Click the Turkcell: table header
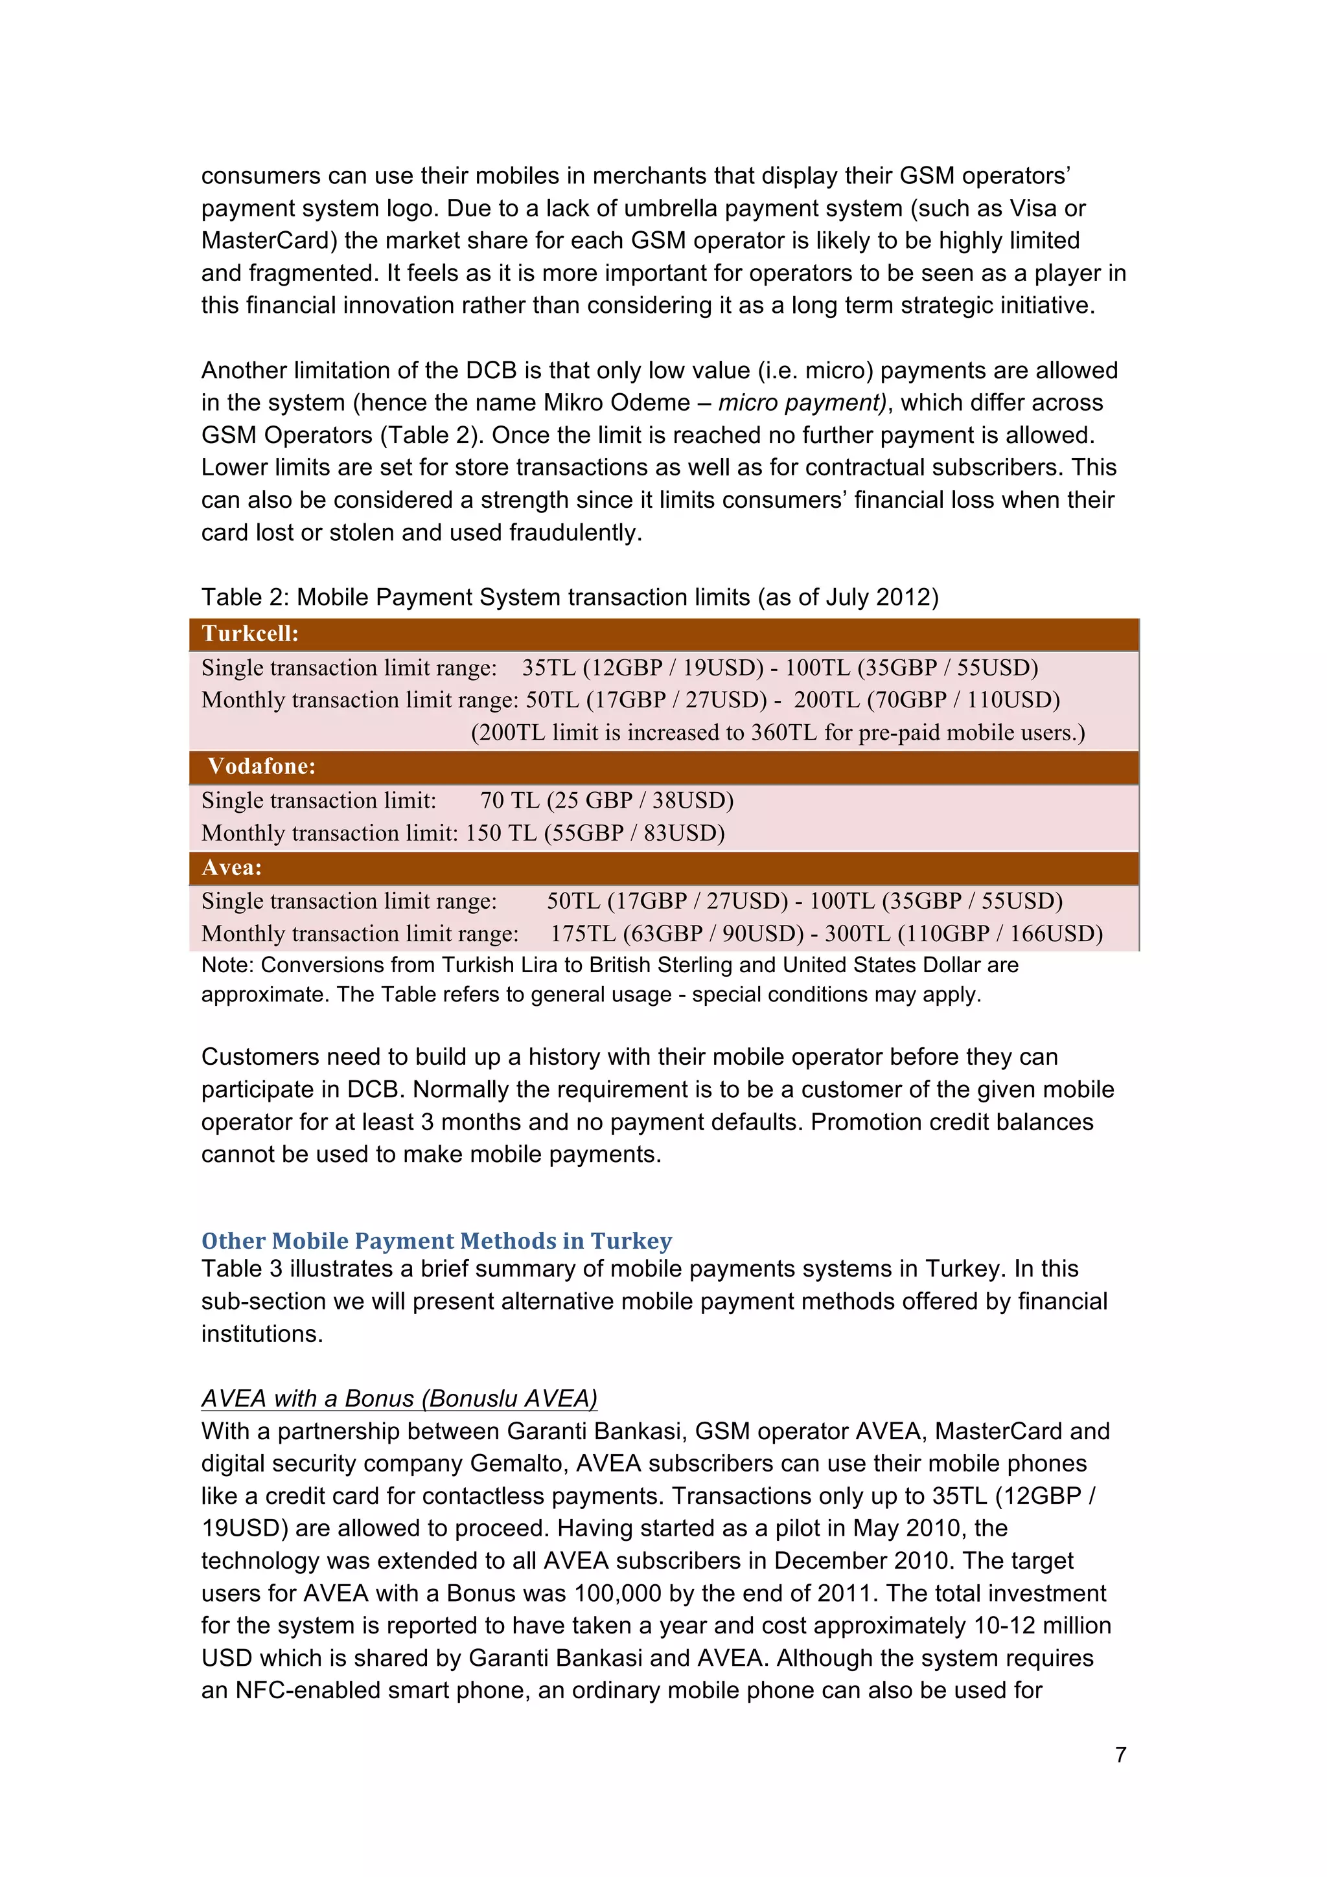tap(250, 633)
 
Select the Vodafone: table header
tap(261, 766)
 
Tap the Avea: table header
tap(231, 867)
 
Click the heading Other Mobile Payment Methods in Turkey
tap(436, 1240)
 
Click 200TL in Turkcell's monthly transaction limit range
tap(825, 700)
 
